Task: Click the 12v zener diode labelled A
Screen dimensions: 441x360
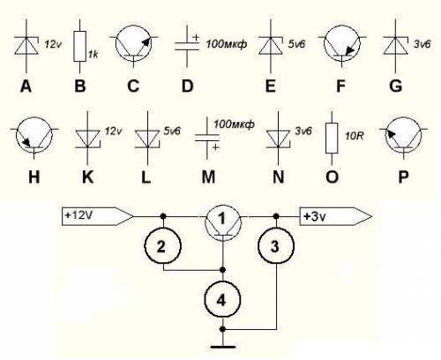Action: (26, 46)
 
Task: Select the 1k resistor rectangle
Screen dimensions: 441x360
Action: (80, 46)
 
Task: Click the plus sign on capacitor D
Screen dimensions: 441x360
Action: (196, 38)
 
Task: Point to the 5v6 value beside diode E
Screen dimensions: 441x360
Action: (296, 44)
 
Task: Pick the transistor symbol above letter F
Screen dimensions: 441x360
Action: (342, 44)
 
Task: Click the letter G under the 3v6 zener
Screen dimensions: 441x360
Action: (395, 86)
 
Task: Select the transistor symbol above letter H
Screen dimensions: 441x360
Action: (34, 136)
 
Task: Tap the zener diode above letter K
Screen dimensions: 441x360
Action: (87, 139)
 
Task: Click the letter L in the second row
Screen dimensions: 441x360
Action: (146, 177)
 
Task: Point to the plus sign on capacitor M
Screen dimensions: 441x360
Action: (216, 147)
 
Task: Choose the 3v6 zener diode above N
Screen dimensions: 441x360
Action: (279, 139)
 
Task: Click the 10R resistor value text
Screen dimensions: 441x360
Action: (355, 136)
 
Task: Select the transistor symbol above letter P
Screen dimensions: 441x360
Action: (403, 136)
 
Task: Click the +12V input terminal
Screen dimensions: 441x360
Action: (97, 216)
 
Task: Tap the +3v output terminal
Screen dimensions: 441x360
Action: (335, 217)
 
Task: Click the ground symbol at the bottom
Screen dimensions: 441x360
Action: (223, 348)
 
